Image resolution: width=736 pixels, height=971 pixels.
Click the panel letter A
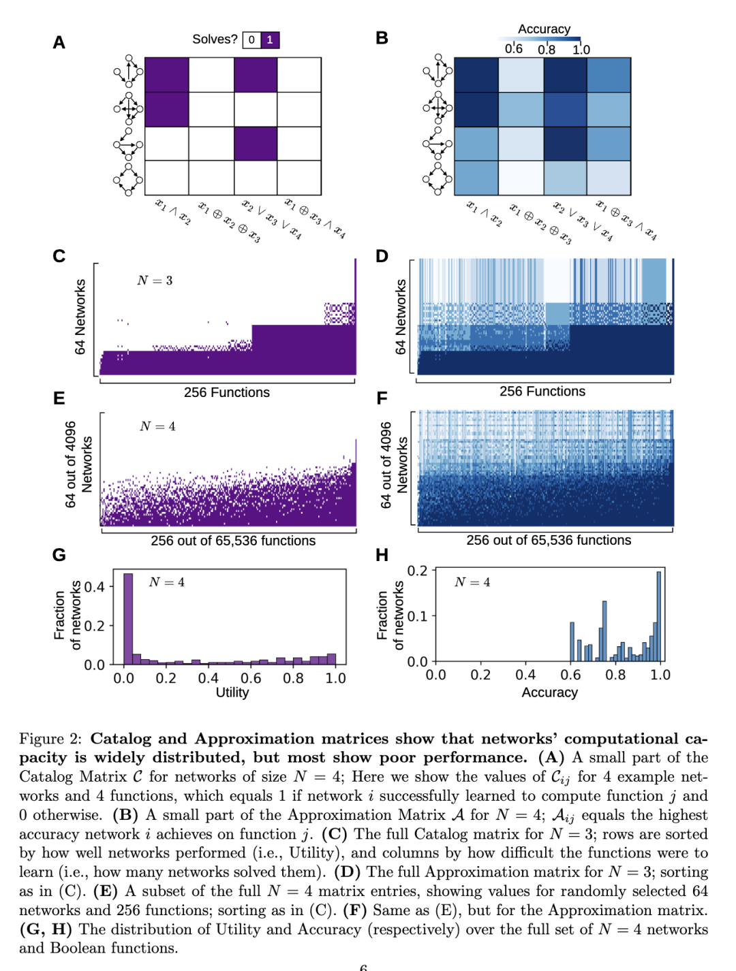(x=59, y=42)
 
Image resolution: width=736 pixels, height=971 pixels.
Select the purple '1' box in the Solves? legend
(x=270, y=40)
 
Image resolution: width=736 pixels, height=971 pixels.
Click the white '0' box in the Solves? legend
(x=252, y=40)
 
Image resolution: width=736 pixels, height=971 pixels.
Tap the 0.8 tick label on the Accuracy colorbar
(x=547, y=50)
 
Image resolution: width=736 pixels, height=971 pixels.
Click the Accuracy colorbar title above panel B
(x=544, y=29)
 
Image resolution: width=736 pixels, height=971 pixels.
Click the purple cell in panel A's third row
(x=256, y=144)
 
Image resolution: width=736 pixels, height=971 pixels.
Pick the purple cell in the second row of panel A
(x=167, y=109)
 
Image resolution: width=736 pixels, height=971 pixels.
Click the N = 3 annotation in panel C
(x=155, y=281)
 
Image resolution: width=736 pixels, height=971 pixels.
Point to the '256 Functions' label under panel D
(x=542, y=392)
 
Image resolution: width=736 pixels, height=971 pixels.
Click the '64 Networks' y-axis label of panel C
(x=80, y=317)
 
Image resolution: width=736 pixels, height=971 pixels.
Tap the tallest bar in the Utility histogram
(x=128, y=619)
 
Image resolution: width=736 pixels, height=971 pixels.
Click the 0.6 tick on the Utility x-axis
(x=251, y=678)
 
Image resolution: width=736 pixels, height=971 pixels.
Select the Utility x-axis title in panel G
(x=232, y=693)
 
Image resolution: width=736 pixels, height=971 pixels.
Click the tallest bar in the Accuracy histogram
(x=658, y=616)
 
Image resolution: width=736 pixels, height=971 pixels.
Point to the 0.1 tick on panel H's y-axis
(x=417, y=616)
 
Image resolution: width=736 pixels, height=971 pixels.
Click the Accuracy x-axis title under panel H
(x=550, y=693)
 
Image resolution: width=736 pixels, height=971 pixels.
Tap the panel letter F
(x=382, y=398)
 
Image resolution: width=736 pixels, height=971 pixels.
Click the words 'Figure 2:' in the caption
(x=50, y=739)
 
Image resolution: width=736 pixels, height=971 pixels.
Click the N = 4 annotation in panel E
(x=157, y=426)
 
